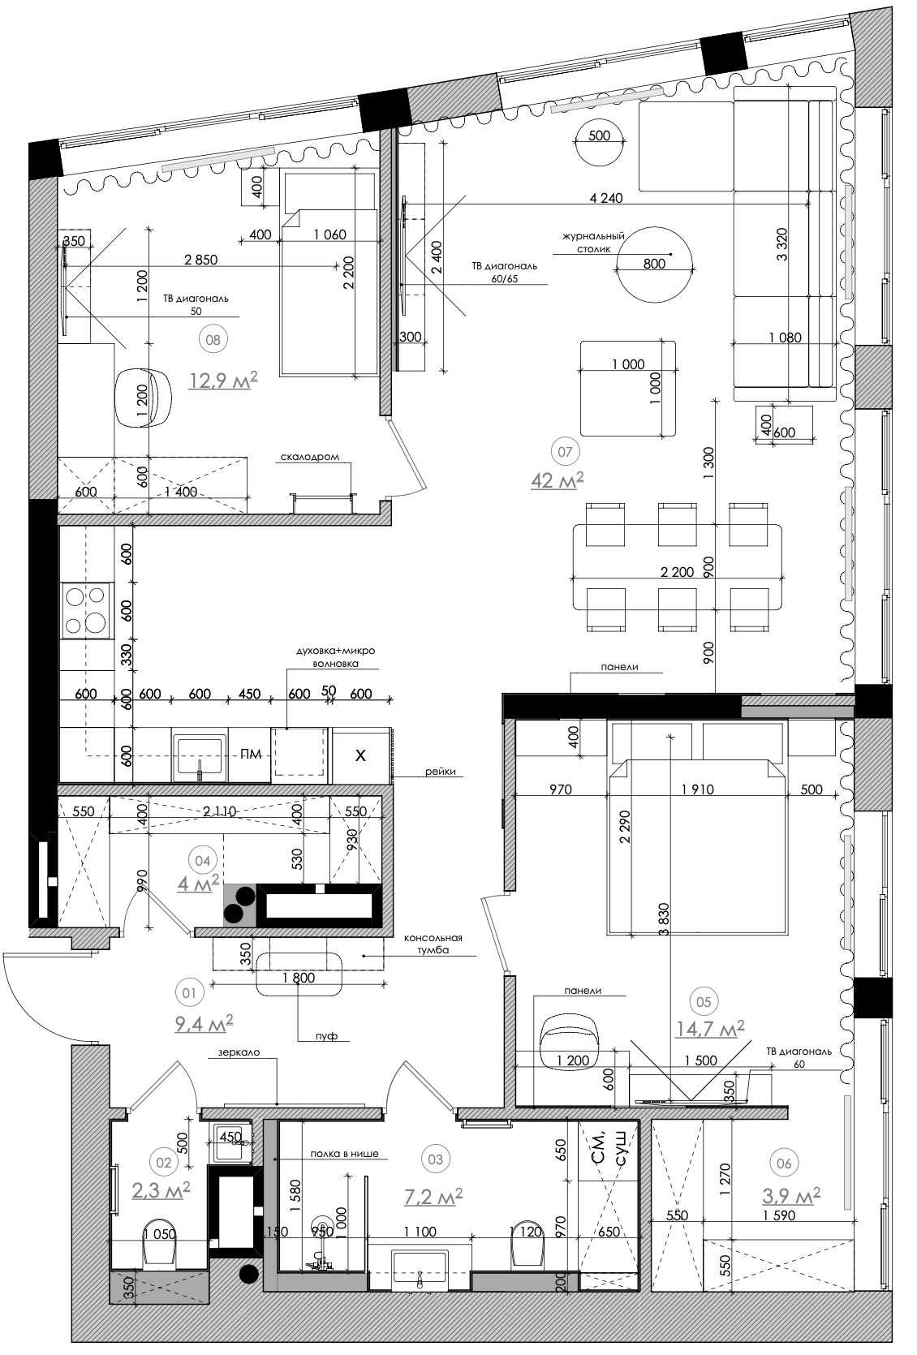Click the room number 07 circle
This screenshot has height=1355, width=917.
pyautogui.click(x=565, y=451)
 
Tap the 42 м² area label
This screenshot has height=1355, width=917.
pyautogui.click(x=557, y=480)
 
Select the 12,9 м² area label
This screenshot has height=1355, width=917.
pyautogui.click(x=223, y=380)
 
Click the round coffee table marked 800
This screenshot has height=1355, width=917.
pyautogui.click(x=655, y=264)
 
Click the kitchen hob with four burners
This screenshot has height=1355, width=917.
pyautogui.click(x=87, y=610)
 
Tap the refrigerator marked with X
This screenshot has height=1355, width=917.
pyautogui.click(x=360, y=755)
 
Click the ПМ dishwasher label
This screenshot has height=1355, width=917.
pyautogui.click(x=251, y=754)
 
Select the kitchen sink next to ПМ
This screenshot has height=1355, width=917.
pyautogui.click(x=200, y=756)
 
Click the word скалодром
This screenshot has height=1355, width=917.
pyautogui.click(x=310, y=458)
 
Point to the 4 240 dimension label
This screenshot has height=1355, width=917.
pyautogui.click(x=606, y=198)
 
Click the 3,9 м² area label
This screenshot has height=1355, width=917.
pyautogui.click(x=791, y=1195)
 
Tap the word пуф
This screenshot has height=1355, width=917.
pyautogui.click(x=326, y=1036)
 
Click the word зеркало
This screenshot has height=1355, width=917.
pyautogui.click(x=239, y=1052)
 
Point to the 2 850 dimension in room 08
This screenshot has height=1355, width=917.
pyautogui.click(x=200, y=260)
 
